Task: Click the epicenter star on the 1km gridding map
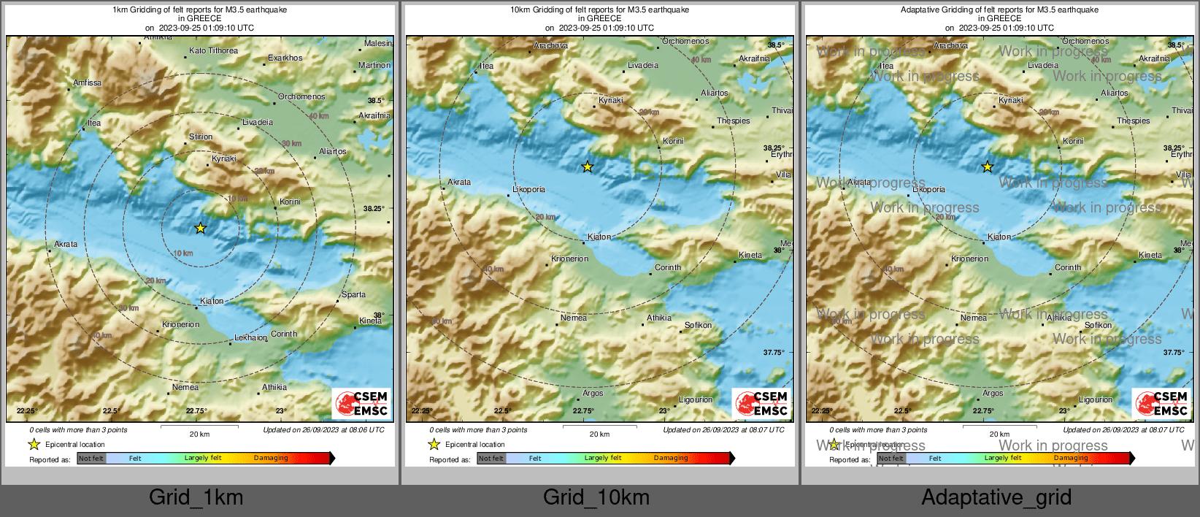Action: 200,229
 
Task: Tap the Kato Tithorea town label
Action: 213,51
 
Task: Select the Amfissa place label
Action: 88,83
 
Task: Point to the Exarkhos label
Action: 285,58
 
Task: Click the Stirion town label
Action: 201,137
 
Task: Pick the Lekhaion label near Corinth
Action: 250,338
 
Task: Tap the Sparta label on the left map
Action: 353,295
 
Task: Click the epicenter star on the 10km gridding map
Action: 588,167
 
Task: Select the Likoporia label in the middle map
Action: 528,190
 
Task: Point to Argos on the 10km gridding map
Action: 593,394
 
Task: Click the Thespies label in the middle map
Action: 733,121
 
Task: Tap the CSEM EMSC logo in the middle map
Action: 761,404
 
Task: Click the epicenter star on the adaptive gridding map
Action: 987,167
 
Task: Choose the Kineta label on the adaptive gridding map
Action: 1150,256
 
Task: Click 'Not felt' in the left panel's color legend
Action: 91,459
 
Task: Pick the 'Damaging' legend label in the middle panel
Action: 671,459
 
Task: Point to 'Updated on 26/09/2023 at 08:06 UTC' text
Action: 323,430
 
